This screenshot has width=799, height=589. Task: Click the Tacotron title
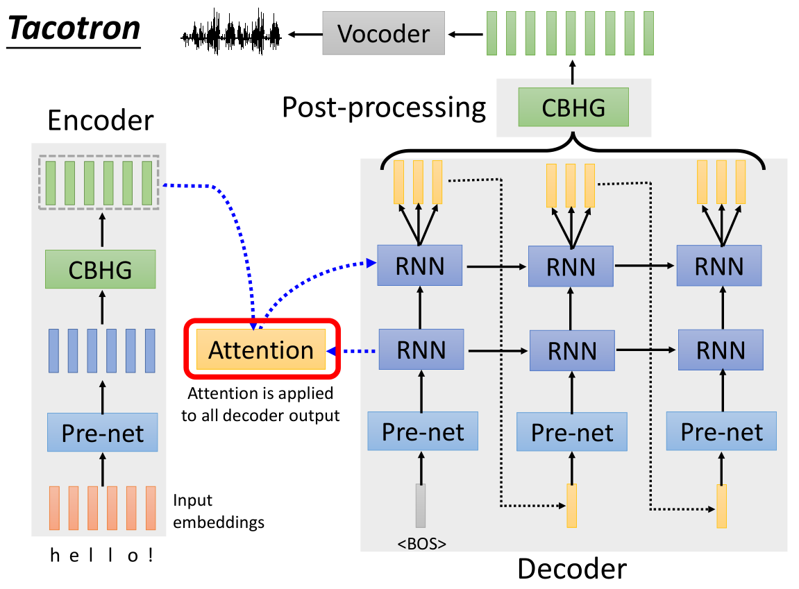(74, 29)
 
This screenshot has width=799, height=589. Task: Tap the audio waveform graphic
(231, 33)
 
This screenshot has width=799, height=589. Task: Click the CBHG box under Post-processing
(573, 108)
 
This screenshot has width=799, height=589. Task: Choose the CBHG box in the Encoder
(101, 269)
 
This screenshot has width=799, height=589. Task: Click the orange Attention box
(261, 350)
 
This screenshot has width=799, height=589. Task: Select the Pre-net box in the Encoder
(103, 432)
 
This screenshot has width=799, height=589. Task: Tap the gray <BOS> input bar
(420, 506)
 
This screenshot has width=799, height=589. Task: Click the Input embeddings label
(218, 511)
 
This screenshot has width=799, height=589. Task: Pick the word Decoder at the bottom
(572, 569)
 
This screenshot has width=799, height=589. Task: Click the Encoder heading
(100, 121)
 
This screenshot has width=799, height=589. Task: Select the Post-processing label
(383, 108)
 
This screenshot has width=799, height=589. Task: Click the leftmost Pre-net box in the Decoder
(423, 432)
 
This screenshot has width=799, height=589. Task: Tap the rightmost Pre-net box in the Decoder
(721, 432)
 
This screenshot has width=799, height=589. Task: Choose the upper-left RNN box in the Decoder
(421, 265)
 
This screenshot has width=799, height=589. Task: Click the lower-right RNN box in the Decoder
(720, 350)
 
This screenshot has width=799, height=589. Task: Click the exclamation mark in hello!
(151, 555)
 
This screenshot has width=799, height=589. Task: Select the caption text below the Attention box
(260, 404)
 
